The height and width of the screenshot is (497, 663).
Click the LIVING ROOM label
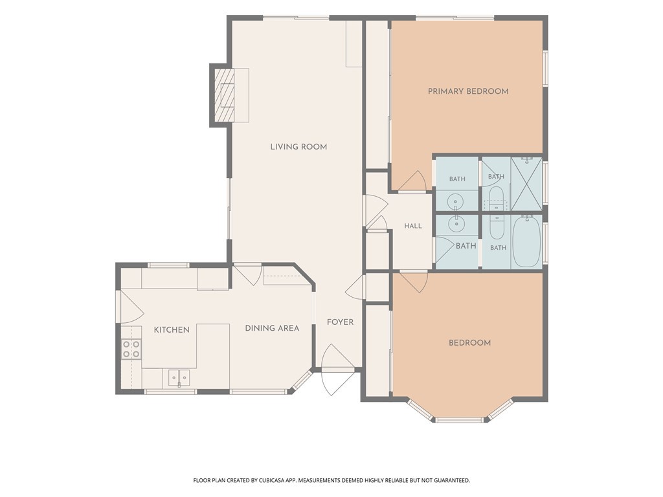point(298,147)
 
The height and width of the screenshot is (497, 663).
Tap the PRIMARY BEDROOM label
point(468,91)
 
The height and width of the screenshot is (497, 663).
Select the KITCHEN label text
point(172,329)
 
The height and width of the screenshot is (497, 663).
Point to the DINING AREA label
point(273,328)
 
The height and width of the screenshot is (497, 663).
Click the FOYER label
point(341,322)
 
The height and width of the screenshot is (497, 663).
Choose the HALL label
point(413,226)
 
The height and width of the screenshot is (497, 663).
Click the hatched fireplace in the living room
point(224,95)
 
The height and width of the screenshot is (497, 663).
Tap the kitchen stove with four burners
point(131,349)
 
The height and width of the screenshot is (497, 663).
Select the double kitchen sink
point(179,377)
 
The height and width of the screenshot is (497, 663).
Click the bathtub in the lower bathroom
point(527,242)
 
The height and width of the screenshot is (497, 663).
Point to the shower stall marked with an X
point(526,183)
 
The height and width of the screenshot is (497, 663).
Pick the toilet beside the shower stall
point(496,197)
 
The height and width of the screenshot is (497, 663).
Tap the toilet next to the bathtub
point(497,227)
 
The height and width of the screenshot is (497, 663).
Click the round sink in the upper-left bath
point(455,199)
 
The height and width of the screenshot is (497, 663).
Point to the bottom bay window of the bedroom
point(459,419)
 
